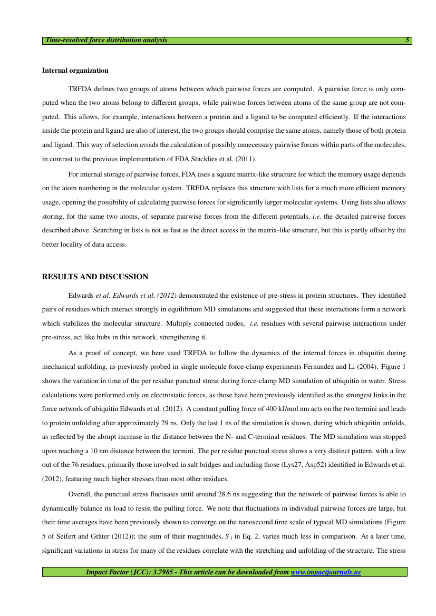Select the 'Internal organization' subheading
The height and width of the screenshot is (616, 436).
[75, 70]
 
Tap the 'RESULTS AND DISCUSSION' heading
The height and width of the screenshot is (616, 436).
[95, 277]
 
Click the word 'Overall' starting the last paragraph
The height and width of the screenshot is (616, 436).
[81, 495]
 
